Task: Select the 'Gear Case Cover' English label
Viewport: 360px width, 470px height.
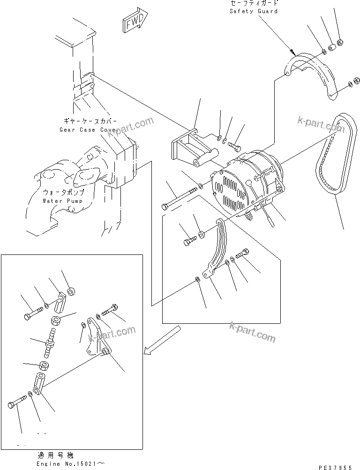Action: point(83,129)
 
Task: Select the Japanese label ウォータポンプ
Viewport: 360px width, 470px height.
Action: point(63,193)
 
